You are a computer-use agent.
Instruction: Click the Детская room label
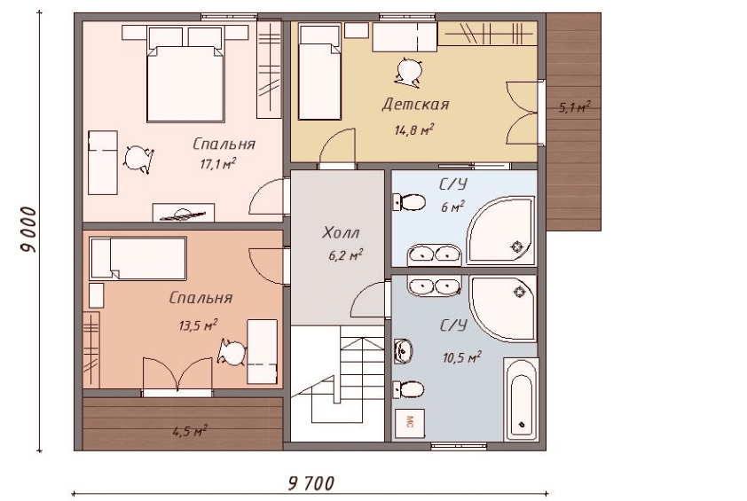(x=415, y=105)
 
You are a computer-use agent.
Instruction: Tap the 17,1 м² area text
(x=218, y=164)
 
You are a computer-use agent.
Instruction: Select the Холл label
(x=341, y=233)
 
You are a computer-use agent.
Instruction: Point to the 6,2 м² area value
(x=345, y=255)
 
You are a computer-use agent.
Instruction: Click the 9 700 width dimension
(x=311, y=484)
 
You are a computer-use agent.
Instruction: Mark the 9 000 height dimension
(x=28, y=230)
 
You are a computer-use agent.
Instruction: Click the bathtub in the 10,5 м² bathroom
(x=521, y=399)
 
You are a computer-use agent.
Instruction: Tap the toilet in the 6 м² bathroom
(x=409, y=202)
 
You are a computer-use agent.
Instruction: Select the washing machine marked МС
(x=409, y=422)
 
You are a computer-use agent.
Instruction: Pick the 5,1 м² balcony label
(x=574, y=107)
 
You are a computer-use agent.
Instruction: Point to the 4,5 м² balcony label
(x=190, y=432)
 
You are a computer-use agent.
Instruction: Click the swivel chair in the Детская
(x=408, y=72)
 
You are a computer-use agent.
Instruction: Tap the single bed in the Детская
(x=319, y=73)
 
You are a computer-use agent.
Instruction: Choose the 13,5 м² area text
(x=198, y=325)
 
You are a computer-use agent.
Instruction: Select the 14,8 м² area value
(x=413, y=129)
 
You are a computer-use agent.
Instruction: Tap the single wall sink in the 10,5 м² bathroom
(x=403, y=351)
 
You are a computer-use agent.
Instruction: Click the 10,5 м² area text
(x=461, y=356)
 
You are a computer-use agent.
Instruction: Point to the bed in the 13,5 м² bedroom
(x=138, y=258)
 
